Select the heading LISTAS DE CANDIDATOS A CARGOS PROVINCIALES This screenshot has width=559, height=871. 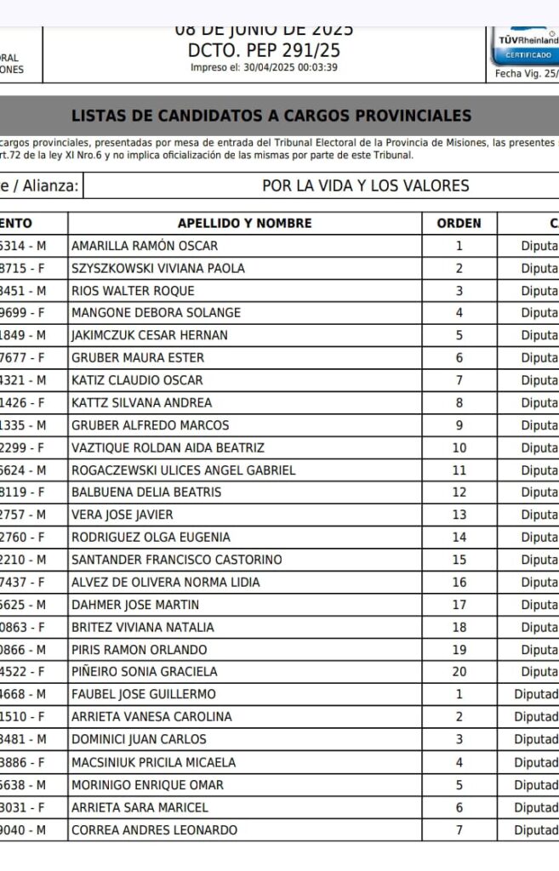tap(271, 116)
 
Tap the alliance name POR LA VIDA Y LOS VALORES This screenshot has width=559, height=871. tap(365, 186)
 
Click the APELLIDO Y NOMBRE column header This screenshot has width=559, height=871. tap(245, 224)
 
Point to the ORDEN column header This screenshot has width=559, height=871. tap(459, 224)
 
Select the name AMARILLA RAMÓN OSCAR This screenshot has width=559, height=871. tap(145, 246)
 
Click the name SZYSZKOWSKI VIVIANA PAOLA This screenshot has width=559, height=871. tap(158, 268)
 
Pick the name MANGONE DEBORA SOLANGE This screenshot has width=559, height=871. tap(156, 313)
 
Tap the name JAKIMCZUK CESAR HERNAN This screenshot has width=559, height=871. tap(150, 335)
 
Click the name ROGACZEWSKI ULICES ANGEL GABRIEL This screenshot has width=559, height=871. tap(184, 470)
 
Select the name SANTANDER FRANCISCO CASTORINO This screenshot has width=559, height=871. tap(177, 560)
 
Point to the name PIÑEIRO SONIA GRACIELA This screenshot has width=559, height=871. tap(145, 672)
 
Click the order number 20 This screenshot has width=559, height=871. tap(459, 672)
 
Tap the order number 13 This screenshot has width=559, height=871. tap(459, 515)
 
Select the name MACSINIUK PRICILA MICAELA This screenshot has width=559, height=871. tap(154, 762)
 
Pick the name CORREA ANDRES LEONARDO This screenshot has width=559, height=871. tap(155, 829)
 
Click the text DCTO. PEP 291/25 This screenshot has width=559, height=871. tap(264, 51)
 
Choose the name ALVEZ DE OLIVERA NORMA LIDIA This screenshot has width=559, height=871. tap(166, 582)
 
